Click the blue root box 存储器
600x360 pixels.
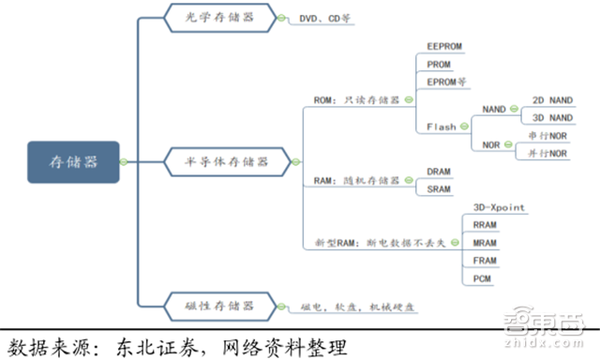(x=72, y=161)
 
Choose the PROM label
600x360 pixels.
(x=439, y=64)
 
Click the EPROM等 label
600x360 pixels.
(x=446, y=82)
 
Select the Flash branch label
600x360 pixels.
(x=441, y=127)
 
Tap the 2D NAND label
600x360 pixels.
(x=551, y=98)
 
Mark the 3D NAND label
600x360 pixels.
(x=551, y=117)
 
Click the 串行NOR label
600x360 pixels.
(x=547, y=136)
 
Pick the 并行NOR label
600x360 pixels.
(x=547, y=153)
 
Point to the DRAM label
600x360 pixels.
(x=441, y=172)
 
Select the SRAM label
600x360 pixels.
(x=441, y=189)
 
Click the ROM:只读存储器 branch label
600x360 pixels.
(x=355, y=98)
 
